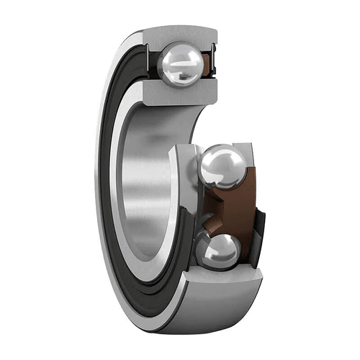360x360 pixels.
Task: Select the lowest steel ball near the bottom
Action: (217, 252)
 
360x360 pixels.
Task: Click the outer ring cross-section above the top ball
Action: (180, 36)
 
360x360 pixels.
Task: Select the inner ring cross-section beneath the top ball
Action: (180, 91)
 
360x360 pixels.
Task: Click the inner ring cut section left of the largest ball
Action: (189, 173)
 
